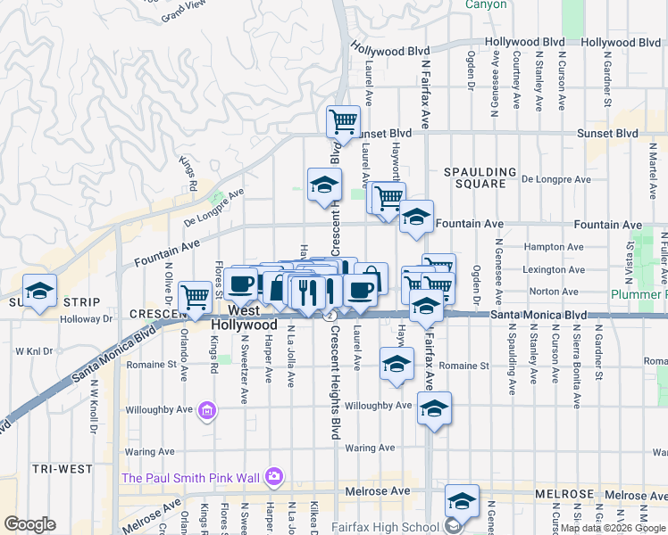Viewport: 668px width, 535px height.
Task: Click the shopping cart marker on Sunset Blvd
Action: pyautogui.click(x=343, y=120)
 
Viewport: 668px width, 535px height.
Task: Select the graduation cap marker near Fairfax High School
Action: pyautogui.click(x=463, y=500)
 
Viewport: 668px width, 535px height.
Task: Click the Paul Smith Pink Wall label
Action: pyautogui.click(x=191, y=477)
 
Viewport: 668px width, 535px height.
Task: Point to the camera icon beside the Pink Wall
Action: pyautogui.click(x=273, y=477)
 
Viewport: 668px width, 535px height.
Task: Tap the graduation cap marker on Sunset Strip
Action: pyautogui.click(x=39, y=291)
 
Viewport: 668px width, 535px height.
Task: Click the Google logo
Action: pyautogui.click(x=30, y=524)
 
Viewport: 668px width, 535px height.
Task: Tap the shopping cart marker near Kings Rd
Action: pyautogui.click(x=195, y=298)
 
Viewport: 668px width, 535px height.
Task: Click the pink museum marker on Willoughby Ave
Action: pyautogui.click(x=207, y=411)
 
